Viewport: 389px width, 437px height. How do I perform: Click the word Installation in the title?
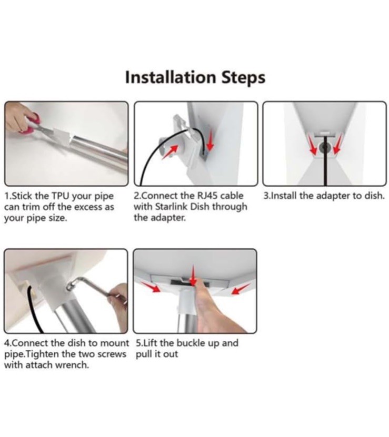(171, 77)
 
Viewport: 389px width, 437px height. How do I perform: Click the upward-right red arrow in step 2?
(170, 152)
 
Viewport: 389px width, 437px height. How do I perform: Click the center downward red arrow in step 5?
(192, 276)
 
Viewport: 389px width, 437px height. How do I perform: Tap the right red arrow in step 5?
(241, 289)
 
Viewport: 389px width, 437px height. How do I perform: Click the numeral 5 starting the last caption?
(138, 343)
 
